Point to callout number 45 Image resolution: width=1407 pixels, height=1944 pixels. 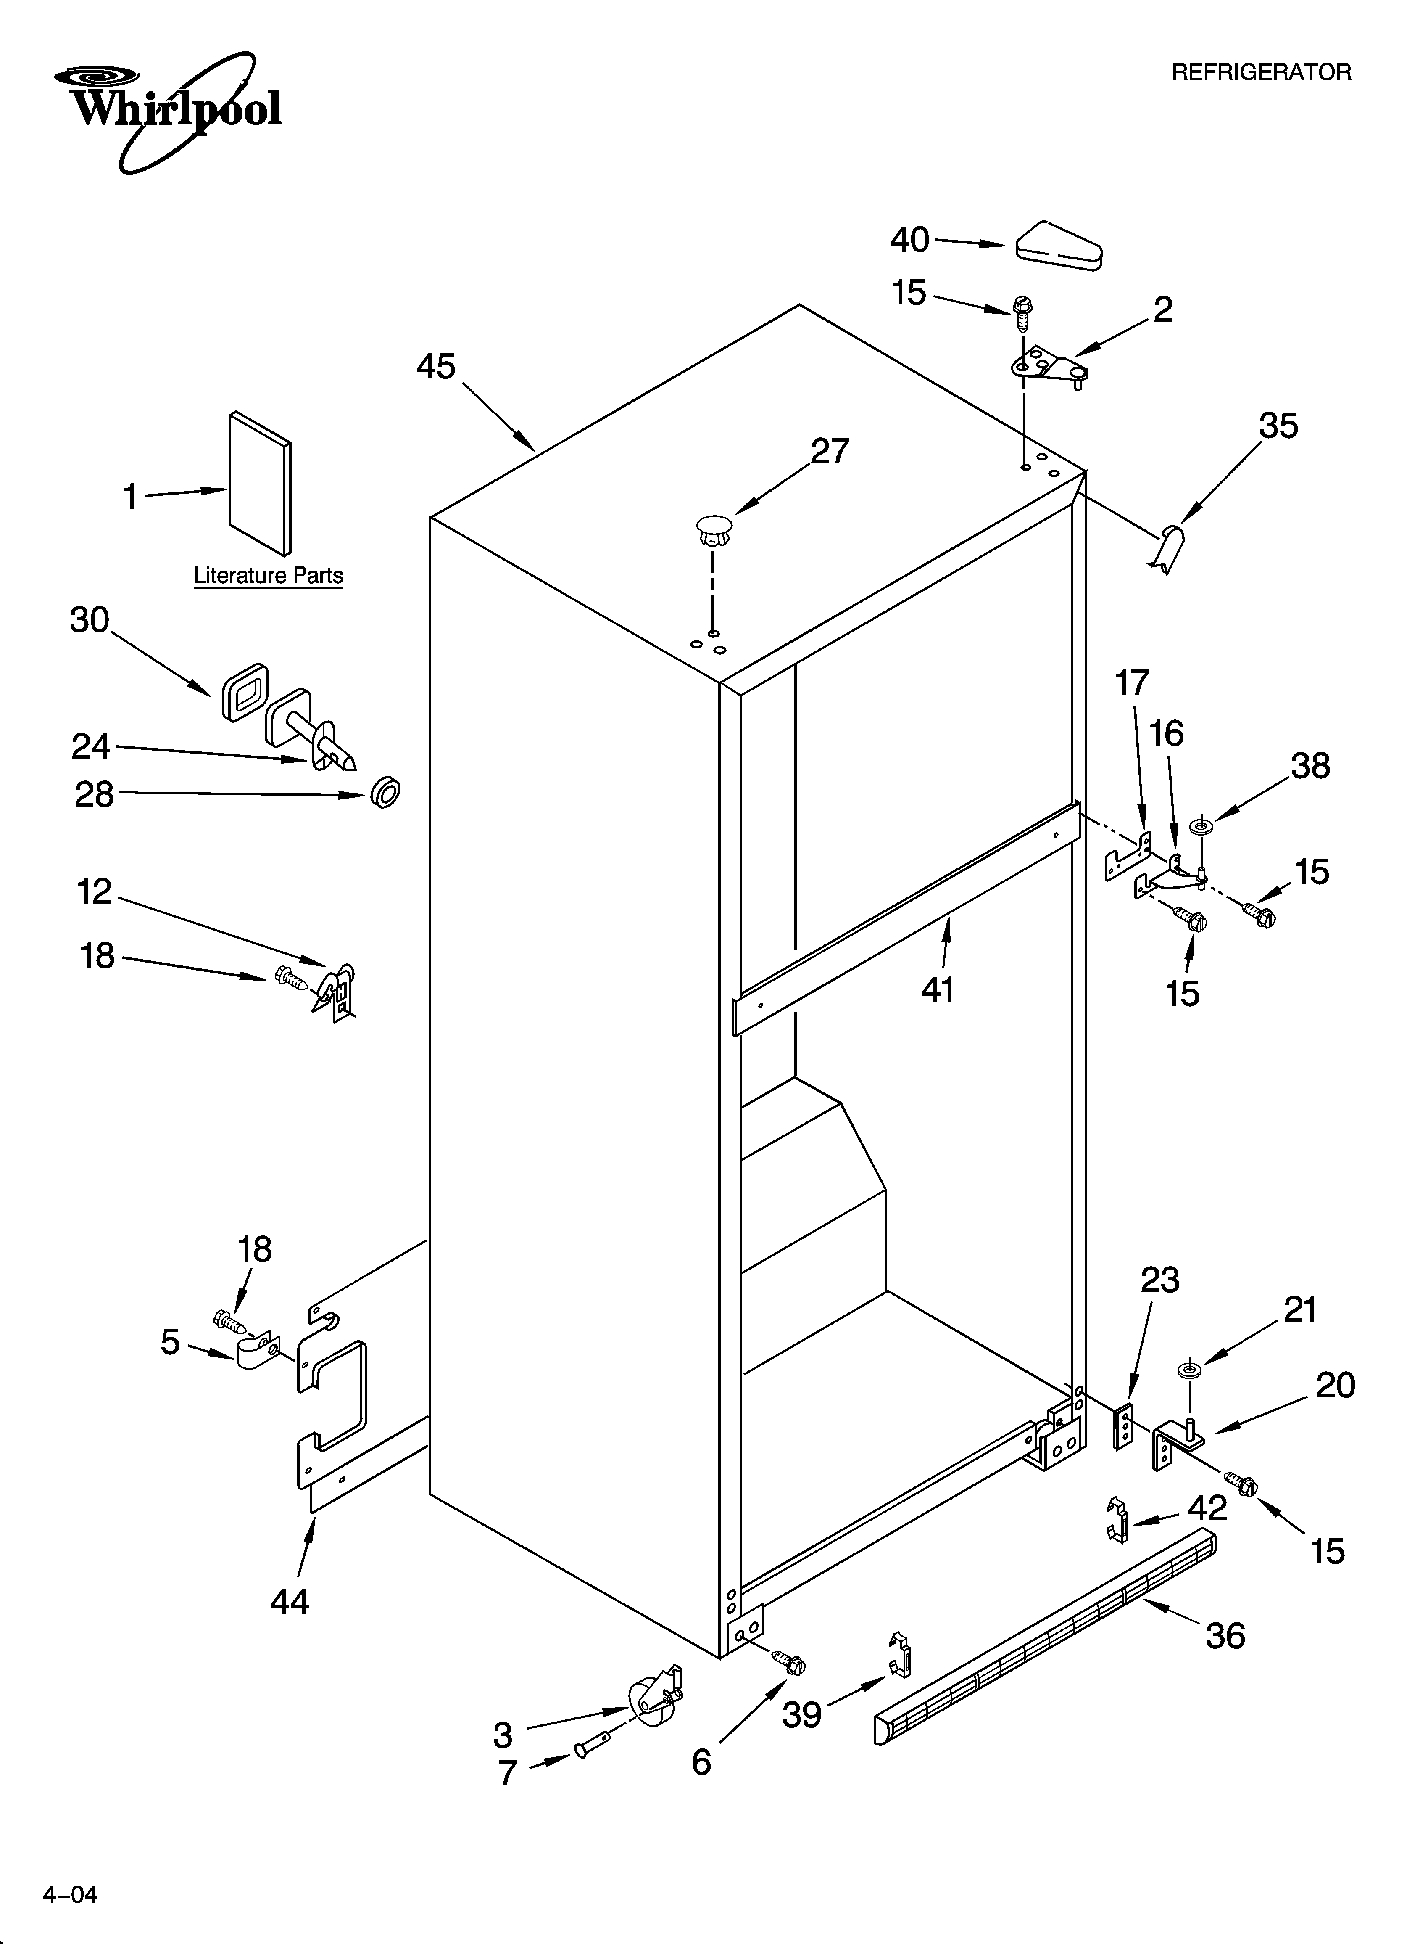(x=436, y=367)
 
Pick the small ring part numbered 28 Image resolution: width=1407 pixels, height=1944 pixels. (x=386, y=793)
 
